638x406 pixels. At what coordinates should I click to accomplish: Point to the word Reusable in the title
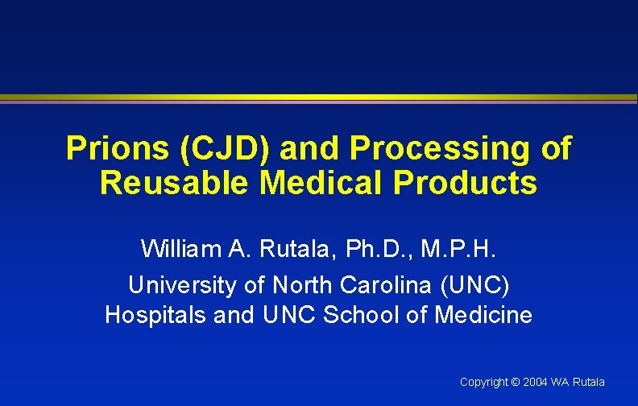[x=173, y=183]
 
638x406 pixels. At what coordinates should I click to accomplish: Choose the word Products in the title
[x=465, y=183]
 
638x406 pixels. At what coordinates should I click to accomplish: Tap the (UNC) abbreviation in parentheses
[x=477, y=284]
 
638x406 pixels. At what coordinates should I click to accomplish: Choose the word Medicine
[x=483, y=315]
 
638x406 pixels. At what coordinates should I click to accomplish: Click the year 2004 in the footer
[x=535, y=382]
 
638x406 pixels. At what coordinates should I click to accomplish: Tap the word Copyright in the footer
[x=483, y=382]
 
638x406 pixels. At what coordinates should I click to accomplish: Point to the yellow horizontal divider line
[x=319, y=97]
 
